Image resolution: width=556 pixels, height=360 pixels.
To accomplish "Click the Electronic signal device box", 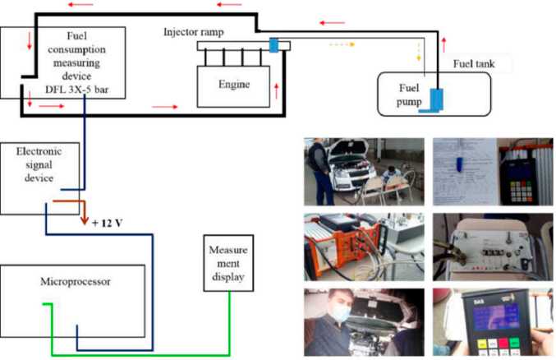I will tap(41, 175).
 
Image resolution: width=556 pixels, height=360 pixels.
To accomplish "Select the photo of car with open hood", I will tap(364, 171).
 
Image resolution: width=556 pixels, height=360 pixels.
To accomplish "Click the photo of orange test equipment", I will tap(364, 244).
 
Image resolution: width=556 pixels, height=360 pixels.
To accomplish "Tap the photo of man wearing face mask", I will tap(364, 321).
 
